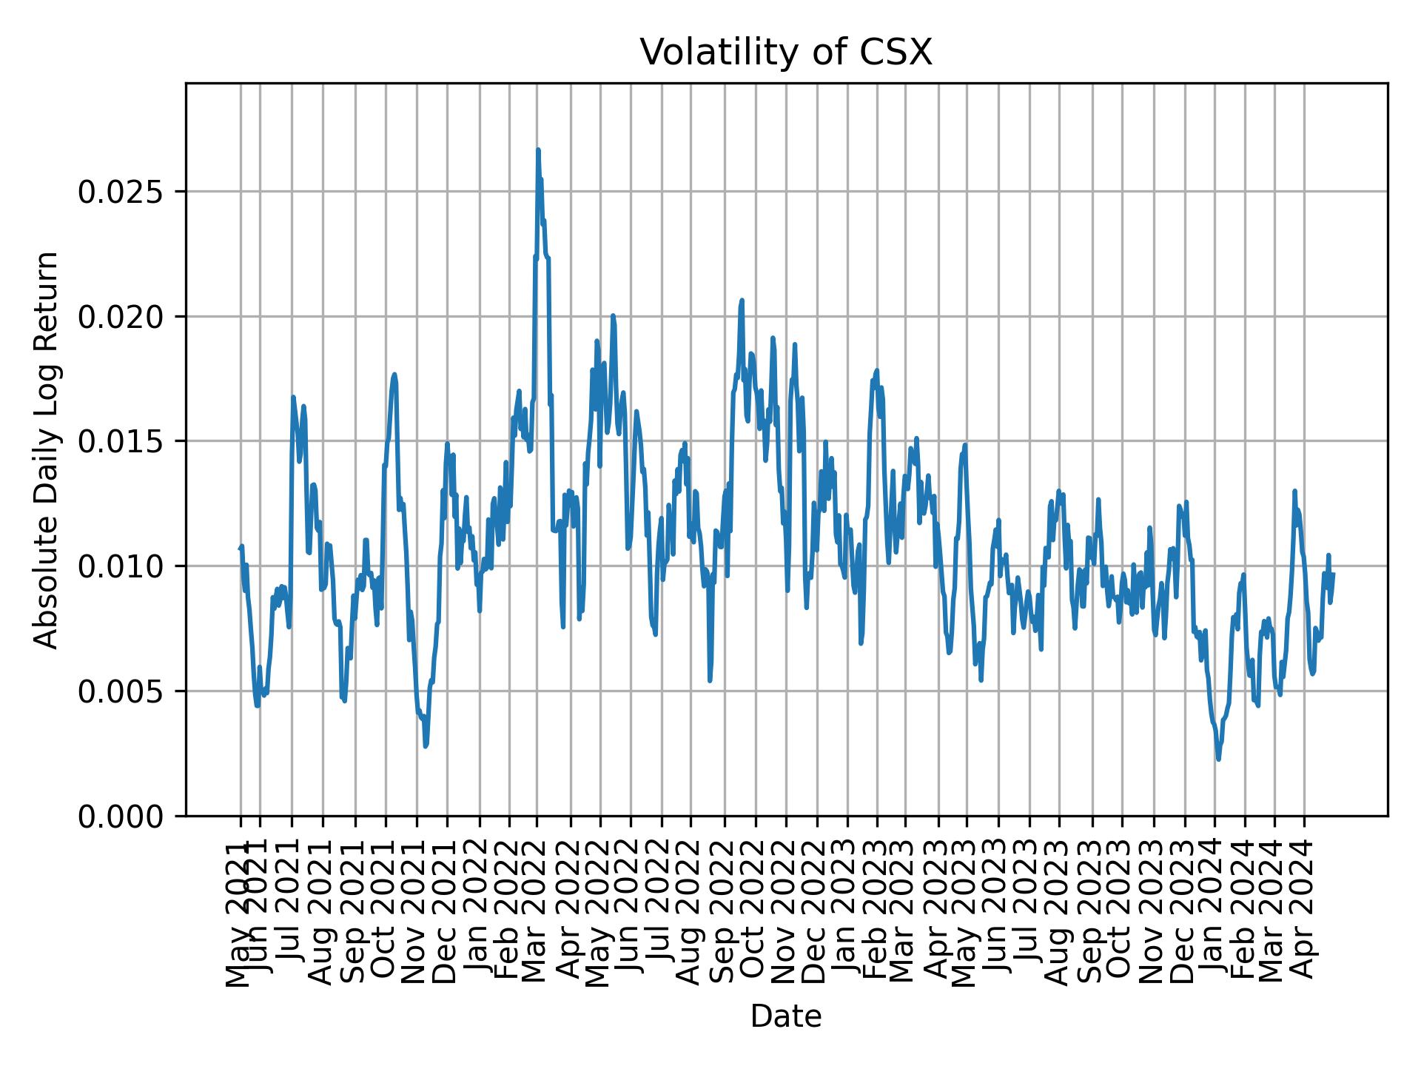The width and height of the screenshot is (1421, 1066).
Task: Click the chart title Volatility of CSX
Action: pyautogui.click(x=785, y=53)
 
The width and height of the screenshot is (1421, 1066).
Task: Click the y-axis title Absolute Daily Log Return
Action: pyautogui.click(x=47, y=449)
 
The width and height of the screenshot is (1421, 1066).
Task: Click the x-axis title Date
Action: pyautogui.click(x=785, y=1016)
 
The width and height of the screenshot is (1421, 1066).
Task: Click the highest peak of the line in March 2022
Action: pyautogui.click(x=538, y=150)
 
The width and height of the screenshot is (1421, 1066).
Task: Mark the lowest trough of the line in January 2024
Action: pyautogui.click(x=1218, y=760)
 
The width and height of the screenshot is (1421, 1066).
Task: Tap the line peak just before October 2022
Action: pyautogui.click(x=742, y=301)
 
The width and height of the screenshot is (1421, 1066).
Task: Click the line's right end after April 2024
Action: pyautogui.click(x=1334, y=574)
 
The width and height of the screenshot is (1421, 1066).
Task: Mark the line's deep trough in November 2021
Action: pyautogui.click(x=426, y=746)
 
